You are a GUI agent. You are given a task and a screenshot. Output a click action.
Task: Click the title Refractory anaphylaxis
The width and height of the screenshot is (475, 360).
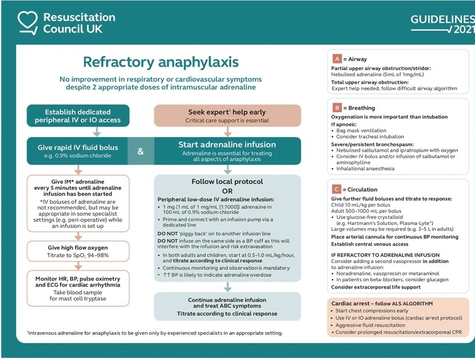[160, 62]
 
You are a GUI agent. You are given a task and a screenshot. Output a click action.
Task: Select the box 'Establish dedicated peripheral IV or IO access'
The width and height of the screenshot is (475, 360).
[78, 116]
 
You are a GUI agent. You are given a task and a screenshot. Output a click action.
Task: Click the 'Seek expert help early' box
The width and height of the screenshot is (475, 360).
[227, 115]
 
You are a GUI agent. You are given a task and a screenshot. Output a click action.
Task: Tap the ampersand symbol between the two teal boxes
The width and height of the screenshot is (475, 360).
[140, 151]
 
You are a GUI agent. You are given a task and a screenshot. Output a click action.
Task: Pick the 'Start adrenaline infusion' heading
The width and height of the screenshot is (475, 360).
[227, 144]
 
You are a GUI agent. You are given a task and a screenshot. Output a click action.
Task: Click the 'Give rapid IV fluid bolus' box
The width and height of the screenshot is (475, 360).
[78, 151]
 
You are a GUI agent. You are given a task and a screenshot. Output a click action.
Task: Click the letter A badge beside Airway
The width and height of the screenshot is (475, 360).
[337, 59]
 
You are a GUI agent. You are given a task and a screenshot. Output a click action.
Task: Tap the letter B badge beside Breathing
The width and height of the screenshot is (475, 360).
[337, 108]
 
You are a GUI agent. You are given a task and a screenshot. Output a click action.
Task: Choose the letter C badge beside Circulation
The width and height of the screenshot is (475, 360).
[337, 189]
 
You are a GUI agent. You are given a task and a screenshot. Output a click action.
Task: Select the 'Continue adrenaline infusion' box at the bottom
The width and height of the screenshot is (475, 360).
[227, 306]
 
